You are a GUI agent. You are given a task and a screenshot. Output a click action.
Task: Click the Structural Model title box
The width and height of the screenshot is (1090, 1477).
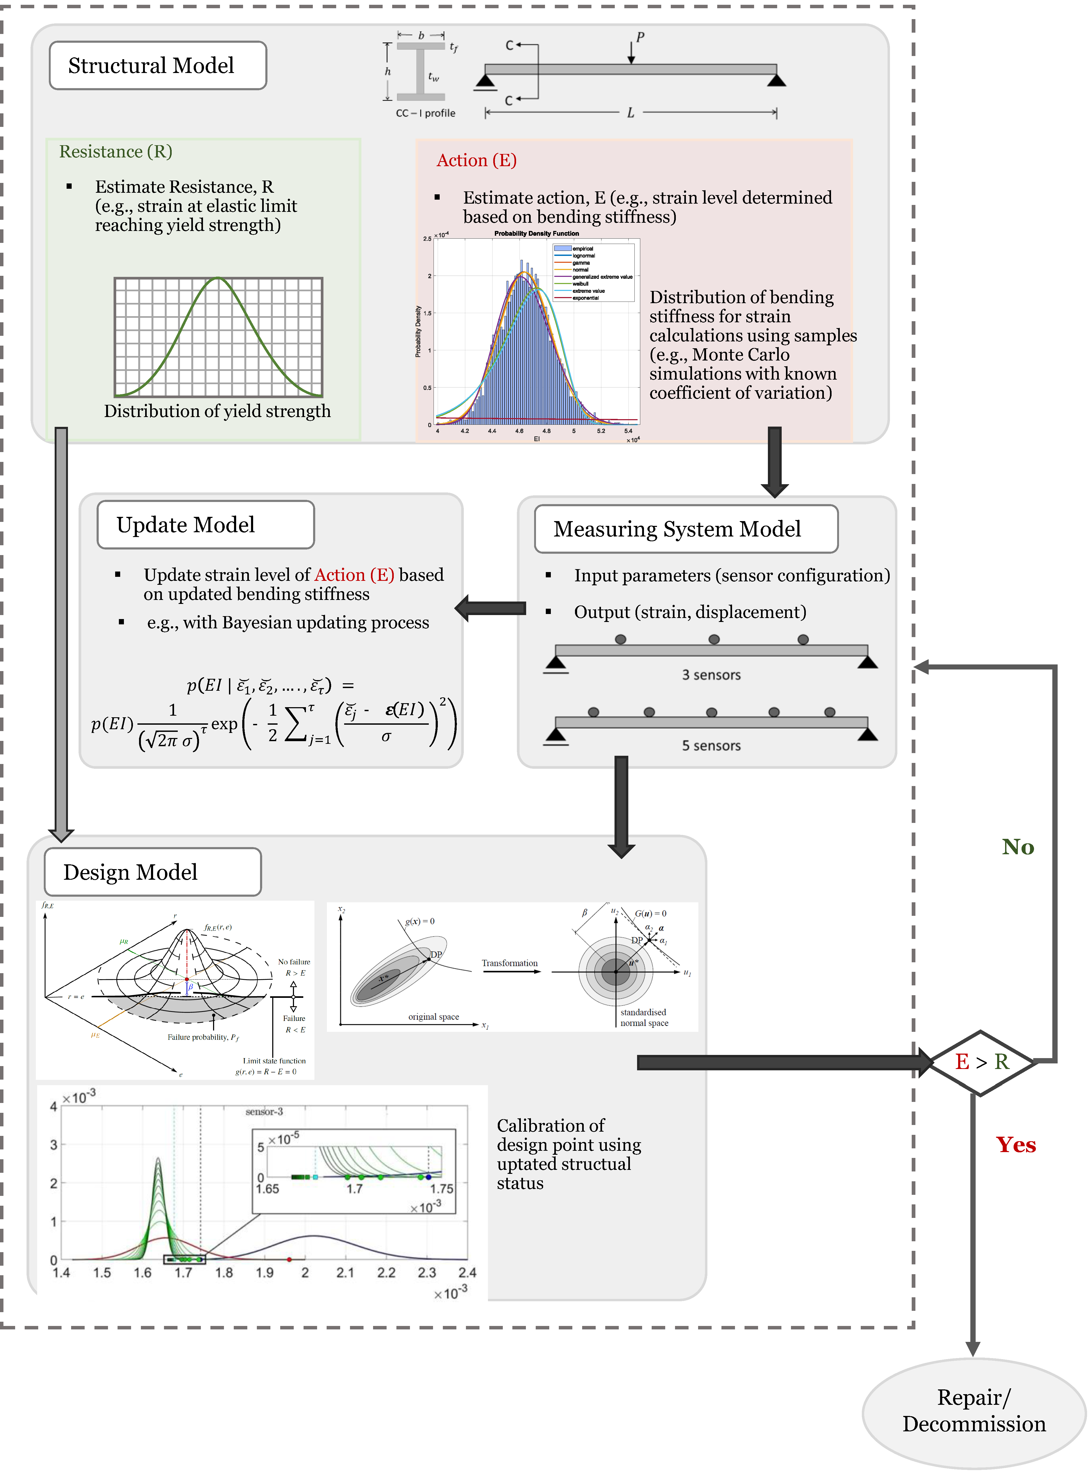(x=158, y=65)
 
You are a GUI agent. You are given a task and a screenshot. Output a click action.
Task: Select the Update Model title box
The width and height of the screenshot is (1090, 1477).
(x=205, y=525)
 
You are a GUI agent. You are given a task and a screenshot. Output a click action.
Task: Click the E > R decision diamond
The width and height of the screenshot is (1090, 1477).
(x=981, y=1062)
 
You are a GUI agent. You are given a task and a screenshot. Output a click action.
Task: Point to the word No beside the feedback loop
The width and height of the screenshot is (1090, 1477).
(x=1017, y=847)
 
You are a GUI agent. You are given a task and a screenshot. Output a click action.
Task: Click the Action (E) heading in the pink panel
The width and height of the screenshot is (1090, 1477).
(x=476, y=160)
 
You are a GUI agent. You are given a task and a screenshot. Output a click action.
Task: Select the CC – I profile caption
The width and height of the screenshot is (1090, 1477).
(x=426, y=114)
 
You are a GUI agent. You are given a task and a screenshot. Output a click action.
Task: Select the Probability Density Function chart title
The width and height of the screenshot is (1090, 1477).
(x=537, y=234)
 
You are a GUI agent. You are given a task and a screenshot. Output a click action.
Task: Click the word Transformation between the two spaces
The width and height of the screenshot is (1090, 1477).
(x=509, y=964)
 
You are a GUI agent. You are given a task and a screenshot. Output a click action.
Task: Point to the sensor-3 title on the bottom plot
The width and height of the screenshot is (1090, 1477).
(x=264, y=1112)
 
